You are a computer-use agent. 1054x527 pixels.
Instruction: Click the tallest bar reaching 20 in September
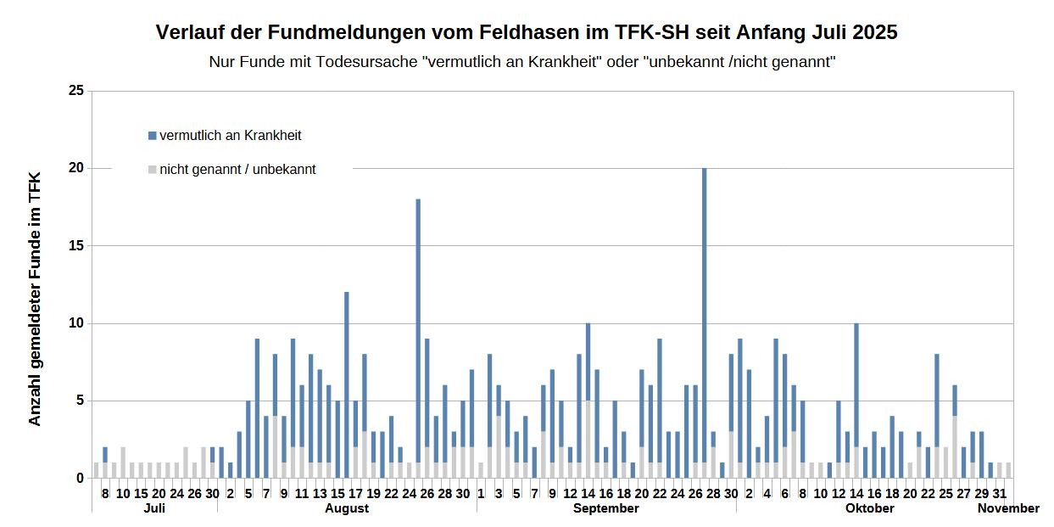click(x=704, y=322)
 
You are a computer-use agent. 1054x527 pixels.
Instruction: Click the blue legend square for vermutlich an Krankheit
click(x=153, y=136)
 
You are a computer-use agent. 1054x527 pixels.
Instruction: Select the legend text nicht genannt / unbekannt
click(x=237, y=170)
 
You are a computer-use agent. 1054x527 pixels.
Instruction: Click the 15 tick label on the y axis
click(x=76, y=246)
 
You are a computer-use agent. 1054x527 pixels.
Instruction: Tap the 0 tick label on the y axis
click(x=80, y=479)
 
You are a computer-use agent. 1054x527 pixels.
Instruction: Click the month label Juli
click(x=154, y=508)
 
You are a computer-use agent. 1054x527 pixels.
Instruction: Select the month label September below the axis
click(x=605, y=508)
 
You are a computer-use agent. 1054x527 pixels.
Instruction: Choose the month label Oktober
click(x=869, y=508)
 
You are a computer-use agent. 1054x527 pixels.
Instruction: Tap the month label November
click(x=1008, y=508)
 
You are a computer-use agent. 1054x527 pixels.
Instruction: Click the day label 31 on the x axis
click(x=1000, y=493)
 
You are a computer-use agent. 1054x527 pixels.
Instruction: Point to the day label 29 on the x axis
click(x=982, y=493)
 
